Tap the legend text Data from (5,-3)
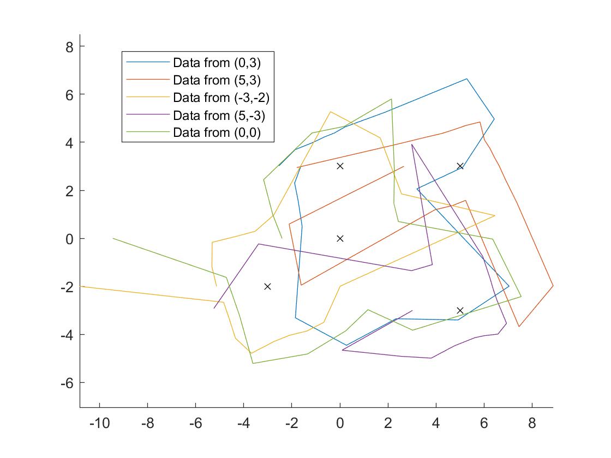tap(221, 115)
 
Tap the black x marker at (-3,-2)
tap(268, 286)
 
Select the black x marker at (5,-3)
tap(460, 310)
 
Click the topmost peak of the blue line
tap(467, 79)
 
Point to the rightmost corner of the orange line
tap(553, 286)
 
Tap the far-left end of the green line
tap(113, 238)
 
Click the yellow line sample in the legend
tap(148, 98)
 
